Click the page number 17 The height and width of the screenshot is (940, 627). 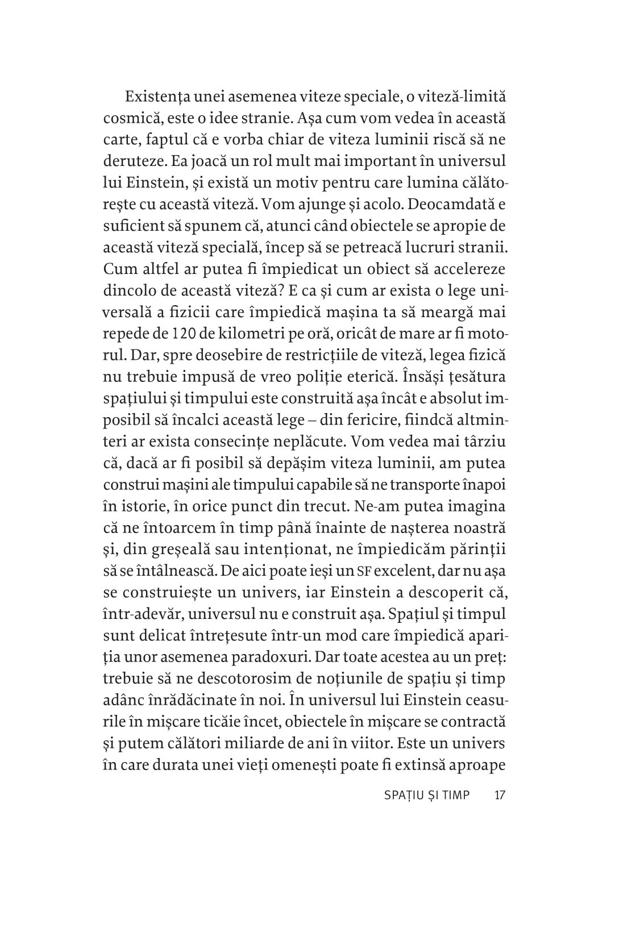click(500, 796)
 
